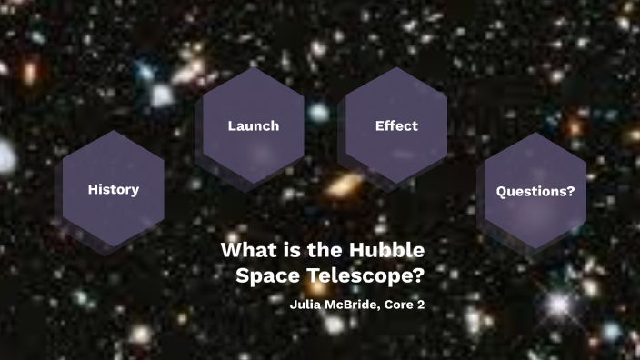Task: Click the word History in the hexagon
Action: tap(113, 190)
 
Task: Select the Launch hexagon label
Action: tap(253, 125)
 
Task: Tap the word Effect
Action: tap(396, 125)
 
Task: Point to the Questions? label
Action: tap(535, 192)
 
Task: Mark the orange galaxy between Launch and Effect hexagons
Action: tap(344, 186)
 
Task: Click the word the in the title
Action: tap(323, 250)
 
